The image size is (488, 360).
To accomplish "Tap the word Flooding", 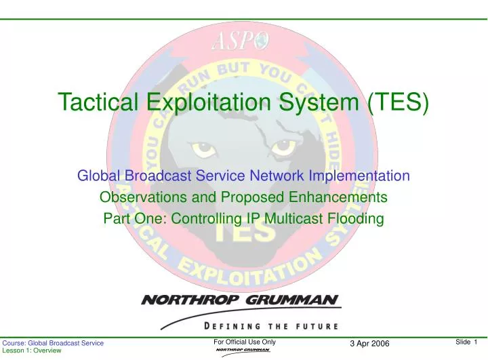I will click(359, 218).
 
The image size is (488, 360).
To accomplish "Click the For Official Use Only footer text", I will click(244, 342).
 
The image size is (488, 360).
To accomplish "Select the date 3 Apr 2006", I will click(370, 344).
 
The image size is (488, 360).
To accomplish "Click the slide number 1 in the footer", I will click(476, 342).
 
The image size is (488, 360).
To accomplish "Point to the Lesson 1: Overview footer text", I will click(32, 353).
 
